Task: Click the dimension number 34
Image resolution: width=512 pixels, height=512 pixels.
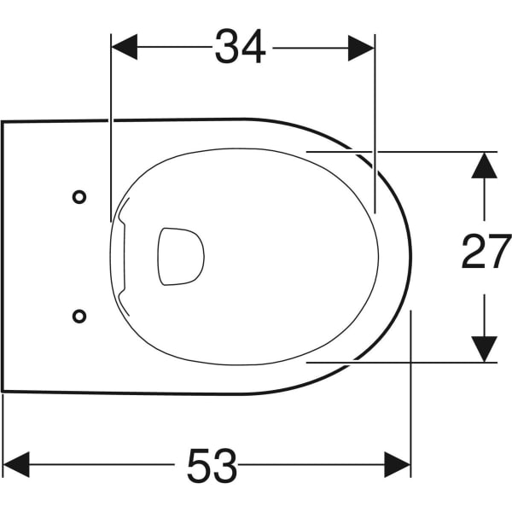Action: (x=240, y=47)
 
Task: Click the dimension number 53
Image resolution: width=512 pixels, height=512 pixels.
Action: (x=212, y=465)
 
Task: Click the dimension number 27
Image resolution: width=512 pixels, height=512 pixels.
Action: (x=486, y=251)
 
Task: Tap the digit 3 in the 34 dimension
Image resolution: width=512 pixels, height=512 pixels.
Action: (x=227, y=47)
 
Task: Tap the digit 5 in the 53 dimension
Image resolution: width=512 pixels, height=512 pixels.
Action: (x=199, y=466)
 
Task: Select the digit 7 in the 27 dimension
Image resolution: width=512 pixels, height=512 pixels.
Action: (x=499, y=251)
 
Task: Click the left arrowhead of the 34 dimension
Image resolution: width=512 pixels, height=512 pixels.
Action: (x=125, y=47)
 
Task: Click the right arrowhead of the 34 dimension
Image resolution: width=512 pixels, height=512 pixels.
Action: (x=361, y=48)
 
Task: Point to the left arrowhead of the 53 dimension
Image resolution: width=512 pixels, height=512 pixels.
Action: (x=16, y=465)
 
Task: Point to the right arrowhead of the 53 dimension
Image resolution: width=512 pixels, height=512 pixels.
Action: (x=398, y=465)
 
